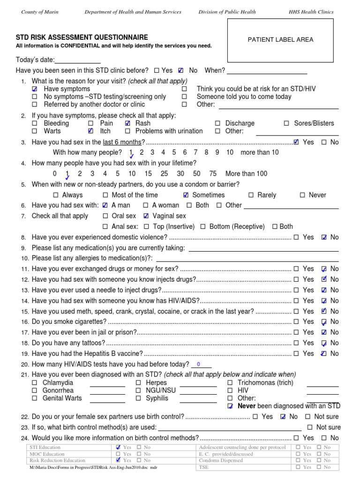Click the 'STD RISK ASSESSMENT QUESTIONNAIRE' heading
pos(82,37)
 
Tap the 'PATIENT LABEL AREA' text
pos(280,40)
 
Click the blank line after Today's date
pos(78,60)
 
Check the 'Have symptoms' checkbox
pos(35,89)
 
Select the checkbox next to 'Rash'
pos(128,123)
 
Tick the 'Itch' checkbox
pos(91,131)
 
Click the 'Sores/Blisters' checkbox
pos(286,123)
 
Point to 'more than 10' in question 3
pos(259,152)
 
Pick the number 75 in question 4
pos(213,173)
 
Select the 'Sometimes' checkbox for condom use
pos(186,195)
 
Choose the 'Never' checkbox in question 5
pos(302,195)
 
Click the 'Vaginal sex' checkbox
pos(146,216)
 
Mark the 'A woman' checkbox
pos(146,205)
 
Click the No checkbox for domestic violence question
pos(324,237)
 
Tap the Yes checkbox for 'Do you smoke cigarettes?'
pos(296,322)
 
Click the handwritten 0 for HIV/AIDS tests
pos(198,365)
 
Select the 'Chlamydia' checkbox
pos(35,383)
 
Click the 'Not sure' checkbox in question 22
pos(307,417)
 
